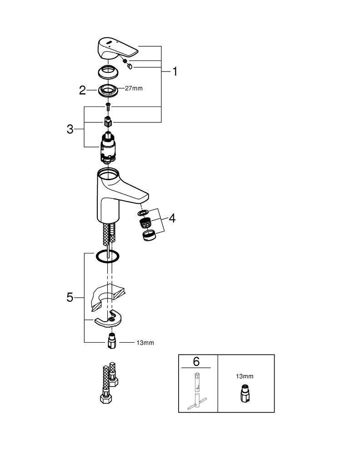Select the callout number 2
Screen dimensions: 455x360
(x=82, y=90)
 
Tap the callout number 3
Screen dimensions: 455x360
(x=70, y=129)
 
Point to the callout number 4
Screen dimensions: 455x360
(x=171, y=218)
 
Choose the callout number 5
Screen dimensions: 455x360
(x=70, y=297)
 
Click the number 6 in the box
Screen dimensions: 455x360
(x=196, y=362)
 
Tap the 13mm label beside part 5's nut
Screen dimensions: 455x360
(x=145, y=343)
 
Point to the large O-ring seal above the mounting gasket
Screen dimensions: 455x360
(x=108, y=256)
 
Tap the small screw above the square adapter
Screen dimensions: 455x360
(x=108, y=107)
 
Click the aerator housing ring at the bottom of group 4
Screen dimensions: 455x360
(x=149, y=235)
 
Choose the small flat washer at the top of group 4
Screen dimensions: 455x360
(x=143, y=213)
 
